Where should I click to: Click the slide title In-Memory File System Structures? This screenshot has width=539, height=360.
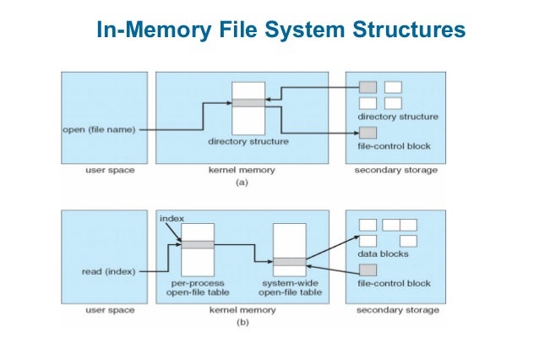tap(280, 30)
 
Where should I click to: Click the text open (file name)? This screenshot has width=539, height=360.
tap(100, 129)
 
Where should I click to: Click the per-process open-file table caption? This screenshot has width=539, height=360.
tap(198, 287)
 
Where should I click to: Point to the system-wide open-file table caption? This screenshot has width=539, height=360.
tap(289, 287)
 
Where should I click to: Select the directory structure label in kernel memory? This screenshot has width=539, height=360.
tap(248, 142)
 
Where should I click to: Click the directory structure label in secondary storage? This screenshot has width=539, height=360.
tap(397, 116)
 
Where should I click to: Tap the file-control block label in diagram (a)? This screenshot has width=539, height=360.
tap(395, 146)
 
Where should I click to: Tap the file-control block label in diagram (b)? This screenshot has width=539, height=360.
tap(395, 283)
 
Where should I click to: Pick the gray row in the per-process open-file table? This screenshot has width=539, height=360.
tap(198, 244)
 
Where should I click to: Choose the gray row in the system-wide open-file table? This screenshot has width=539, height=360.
tap(289, 261)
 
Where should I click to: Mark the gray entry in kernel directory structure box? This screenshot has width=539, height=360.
tap(248, 103)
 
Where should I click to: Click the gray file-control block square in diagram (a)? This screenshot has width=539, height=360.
tap(367, 133)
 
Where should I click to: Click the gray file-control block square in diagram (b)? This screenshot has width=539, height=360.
tap(367, 270)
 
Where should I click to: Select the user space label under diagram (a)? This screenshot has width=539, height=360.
tap(106, 171)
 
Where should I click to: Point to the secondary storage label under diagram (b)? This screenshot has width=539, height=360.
tap(397, 310)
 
